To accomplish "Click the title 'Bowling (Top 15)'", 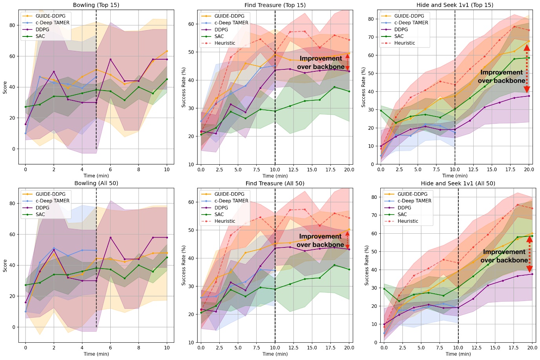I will (x=96, y=5).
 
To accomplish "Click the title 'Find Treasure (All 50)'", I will (x=275, y=183).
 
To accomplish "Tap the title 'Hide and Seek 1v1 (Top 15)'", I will (x=455, y=5).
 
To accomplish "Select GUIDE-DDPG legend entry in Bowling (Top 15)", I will (x=51, y=16).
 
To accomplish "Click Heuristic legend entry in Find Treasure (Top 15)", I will (x=224, y=43).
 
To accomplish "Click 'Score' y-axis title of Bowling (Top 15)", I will (x=5, y=87).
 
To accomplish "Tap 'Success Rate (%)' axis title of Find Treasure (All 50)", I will (x=184, y=265).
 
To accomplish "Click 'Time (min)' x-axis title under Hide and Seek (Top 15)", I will (x=455, y=176).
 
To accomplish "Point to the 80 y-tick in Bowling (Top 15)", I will (x=12, y=25).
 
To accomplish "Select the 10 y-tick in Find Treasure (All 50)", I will (x=191, y=342).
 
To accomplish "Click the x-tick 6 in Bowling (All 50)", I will (x=110, y=348).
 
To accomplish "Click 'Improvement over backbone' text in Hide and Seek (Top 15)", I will (x=501, y=76).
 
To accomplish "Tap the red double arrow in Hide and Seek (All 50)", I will (x=529, y=254).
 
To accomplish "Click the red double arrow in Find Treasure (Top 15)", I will (x=347, y=62).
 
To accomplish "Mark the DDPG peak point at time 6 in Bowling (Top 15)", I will (x=110, y=59).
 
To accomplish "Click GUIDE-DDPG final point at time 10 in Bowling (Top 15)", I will (x=167, y=51).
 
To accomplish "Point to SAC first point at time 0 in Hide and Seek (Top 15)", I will (x=381, y=111).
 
